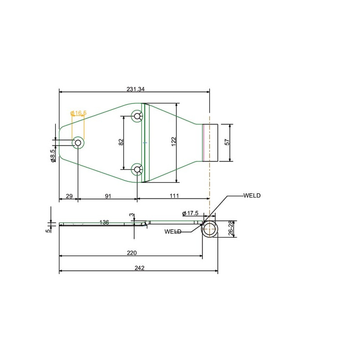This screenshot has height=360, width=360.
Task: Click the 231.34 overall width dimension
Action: (135, 89)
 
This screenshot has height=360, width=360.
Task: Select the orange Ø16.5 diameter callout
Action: (78, 113)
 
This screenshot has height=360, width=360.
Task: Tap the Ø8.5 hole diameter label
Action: (53, 156)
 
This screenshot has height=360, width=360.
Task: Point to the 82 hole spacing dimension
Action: (121, 142)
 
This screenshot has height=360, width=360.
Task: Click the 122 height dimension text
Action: (174, 142)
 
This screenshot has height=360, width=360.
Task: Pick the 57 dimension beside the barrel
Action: (227, 142)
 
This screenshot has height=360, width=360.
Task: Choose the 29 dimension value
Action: (69, 196)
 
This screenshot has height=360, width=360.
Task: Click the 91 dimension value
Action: (108, 196)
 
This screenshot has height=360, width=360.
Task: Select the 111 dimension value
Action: (174, 196)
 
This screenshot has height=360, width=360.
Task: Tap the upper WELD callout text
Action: (252, 196)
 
